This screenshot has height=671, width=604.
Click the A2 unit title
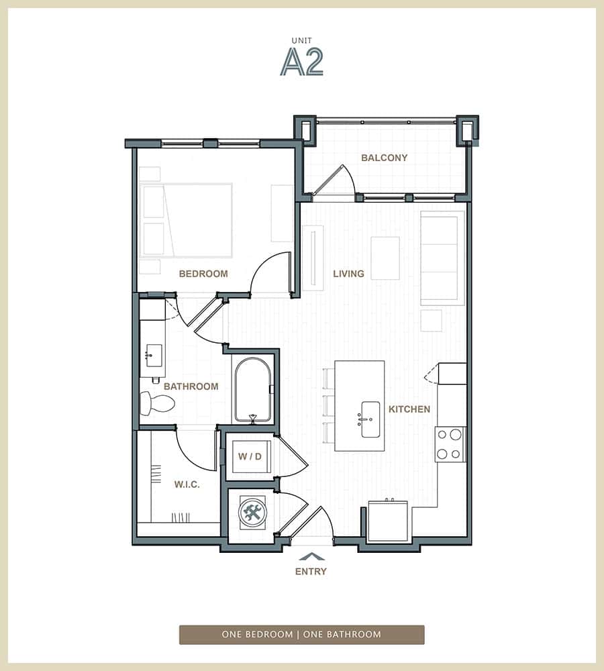302,62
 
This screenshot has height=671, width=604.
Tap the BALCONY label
384,158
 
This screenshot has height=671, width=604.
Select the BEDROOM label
203,274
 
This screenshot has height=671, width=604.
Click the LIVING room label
348,274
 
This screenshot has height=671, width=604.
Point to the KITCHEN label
409,409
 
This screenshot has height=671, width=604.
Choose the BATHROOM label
191,386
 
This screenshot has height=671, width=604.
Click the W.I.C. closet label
187,484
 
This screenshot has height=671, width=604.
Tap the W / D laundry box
248,457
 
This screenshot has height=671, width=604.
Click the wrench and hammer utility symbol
253,514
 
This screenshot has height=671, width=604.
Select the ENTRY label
311,572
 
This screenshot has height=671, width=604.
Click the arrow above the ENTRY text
311,556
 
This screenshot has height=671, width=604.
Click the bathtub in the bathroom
252,390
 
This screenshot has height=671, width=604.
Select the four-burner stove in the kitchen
450,444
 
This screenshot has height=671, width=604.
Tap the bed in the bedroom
186,220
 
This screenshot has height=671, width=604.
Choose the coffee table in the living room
385,258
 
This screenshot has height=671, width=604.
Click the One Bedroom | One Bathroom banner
301,635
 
